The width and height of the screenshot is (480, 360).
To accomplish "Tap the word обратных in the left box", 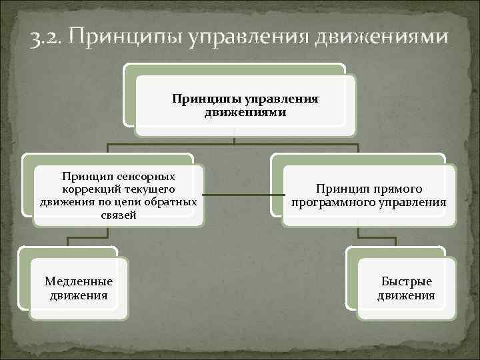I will (171, 202).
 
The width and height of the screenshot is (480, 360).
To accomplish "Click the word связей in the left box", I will (119, 215).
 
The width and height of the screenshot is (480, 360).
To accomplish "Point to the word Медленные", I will (79, 282).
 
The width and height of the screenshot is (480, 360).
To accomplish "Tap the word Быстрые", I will (407, 282).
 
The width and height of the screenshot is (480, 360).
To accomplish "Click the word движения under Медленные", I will (79, 295).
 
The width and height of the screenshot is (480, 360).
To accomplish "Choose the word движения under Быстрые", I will (407, 295).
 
